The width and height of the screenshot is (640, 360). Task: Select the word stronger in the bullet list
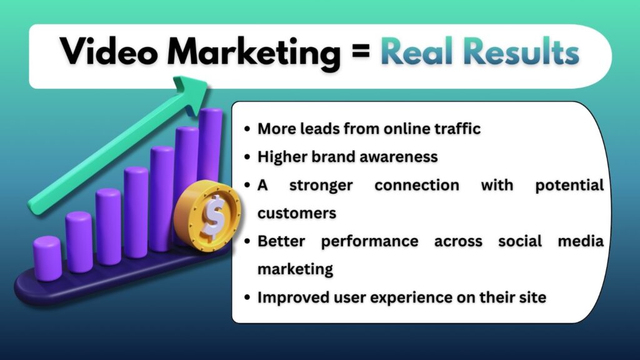coord(320,185)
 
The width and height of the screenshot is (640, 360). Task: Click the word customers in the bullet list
coord(297,213)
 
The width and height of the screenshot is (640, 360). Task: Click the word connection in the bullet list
coord(416,185)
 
